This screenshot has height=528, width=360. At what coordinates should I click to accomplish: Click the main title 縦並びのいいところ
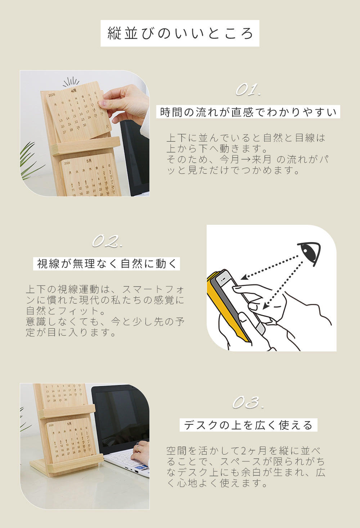180,33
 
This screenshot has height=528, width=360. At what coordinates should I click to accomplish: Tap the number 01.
248,90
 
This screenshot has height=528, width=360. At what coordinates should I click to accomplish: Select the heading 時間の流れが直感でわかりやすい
248,112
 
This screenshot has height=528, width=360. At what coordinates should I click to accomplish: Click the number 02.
107,241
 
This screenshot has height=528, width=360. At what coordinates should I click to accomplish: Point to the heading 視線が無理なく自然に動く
107,264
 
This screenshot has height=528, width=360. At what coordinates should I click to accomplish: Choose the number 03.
248,402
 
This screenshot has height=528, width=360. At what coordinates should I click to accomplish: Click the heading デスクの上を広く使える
248,425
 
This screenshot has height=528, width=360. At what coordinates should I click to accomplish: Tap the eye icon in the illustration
310,252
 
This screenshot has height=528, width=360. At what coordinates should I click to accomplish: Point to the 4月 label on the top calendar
74,91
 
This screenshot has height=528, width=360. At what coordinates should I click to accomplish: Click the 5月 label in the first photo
89,161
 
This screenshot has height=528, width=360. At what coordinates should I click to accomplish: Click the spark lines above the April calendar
71,82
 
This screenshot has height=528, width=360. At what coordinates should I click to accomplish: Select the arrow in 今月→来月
246,159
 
